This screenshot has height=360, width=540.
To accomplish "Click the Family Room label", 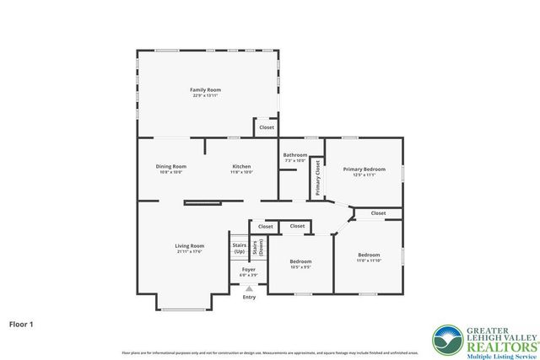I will click(205, 89).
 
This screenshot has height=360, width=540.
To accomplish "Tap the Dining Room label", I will click(170, 166).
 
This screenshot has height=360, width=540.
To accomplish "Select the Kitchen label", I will click(241, 166).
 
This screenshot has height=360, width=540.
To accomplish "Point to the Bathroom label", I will click(295, 154).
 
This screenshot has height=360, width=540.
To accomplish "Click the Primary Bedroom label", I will click(364, 169).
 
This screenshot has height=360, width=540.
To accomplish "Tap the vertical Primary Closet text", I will click(318, 178).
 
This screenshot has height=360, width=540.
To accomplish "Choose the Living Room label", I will click(190, 245).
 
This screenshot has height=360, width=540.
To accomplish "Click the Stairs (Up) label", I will click(239, 249).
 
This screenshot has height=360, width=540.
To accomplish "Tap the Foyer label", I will click(248, 271).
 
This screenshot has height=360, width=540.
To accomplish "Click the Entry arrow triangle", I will click(249, 287).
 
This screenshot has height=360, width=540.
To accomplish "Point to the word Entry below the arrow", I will click(249, 297).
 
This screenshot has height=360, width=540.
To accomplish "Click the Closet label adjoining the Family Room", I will click(266, 127).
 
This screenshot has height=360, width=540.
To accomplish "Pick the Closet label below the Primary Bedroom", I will click(378, 213).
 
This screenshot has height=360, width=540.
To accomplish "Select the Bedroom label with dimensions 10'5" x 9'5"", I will click(301, 261).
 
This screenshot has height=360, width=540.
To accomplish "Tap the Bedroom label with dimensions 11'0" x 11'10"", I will click(368, 255).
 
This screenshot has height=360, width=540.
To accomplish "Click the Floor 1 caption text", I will click(22, 323).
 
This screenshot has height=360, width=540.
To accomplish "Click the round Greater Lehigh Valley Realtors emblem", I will click(446, 340).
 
